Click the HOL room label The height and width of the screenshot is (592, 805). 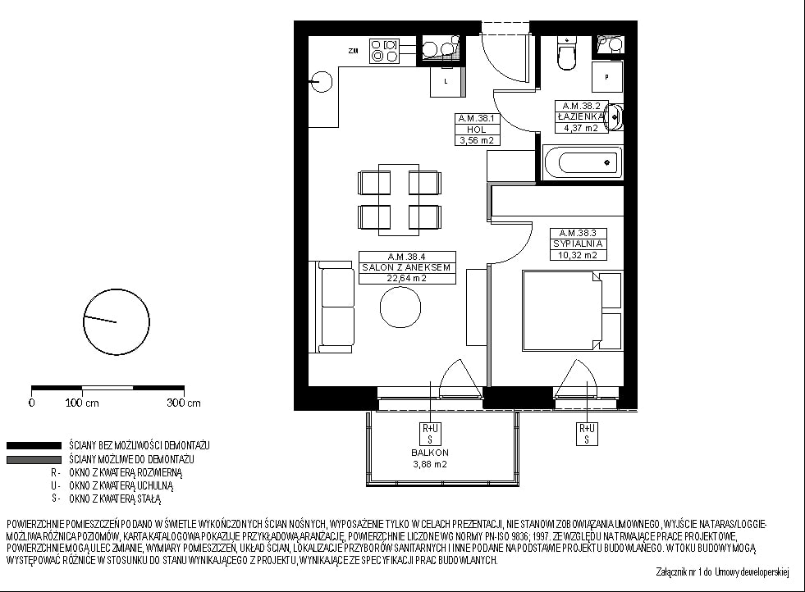477,130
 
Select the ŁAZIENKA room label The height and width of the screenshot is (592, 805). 581,116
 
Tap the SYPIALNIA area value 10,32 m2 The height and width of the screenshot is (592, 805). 578,255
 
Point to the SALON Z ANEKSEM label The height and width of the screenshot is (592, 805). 407,267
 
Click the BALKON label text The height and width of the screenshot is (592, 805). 430,453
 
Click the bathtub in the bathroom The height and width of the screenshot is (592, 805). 582,162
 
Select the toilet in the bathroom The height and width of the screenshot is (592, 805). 567,52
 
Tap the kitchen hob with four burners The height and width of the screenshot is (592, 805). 384,52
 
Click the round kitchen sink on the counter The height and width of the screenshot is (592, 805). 322,81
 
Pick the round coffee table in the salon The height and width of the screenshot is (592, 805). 400,307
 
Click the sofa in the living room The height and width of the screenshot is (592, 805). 332,307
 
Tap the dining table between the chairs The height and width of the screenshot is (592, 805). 399,199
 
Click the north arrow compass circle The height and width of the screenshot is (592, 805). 116,322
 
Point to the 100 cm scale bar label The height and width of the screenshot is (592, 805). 82,403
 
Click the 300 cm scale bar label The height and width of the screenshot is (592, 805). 184,403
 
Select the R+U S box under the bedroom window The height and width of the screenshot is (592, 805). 587,434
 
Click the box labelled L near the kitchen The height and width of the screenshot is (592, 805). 446,81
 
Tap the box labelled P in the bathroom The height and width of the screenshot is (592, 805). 607,77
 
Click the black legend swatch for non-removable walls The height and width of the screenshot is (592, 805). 34,445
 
